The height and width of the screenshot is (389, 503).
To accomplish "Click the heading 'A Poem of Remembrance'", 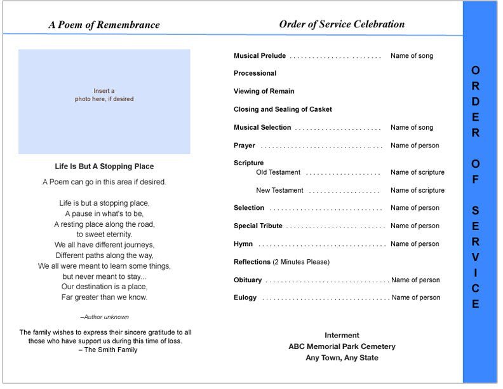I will tap(104, 25).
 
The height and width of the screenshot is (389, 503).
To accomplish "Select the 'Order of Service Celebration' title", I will tap(342, 24).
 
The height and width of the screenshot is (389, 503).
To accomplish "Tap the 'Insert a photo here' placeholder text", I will tap(104, 95).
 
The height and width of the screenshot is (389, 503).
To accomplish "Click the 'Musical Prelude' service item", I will tap(260, 56).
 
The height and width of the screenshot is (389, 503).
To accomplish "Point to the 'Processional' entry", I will tap(255, 73).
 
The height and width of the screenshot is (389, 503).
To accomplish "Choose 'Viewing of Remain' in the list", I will tap(264, 92).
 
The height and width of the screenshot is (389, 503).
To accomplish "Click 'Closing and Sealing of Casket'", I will tap(283, 109).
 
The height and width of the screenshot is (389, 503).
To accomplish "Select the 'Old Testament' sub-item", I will tap(278, 172).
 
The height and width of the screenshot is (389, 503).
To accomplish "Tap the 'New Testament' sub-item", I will tap(279, 190).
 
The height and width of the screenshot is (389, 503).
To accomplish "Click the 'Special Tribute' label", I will tap(258, 226).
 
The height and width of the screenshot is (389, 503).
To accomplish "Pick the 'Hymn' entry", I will tap(243, 244).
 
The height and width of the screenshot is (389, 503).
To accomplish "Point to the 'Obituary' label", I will tap(248, 280).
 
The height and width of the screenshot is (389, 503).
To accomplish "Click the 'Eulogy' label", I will tap(245, 297).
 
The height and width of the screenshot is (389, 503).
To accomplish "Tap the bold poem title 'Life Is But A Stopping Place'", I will tap(104, 167).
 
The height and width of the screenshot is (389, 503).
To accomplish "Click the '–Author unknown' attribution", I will tap(104, 317).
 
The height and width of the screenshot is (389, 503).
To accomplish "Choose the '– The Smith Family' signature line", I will tap(107, 350).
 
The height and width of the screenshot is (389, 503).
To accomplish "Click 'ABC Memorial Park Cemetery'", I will tap(342, 346).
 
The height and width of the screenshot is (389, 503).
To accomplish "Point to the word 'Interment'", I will tap(342, 335).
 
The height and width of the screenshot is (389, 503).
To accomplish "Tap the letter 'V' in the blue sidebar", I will tap(476, 257).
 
